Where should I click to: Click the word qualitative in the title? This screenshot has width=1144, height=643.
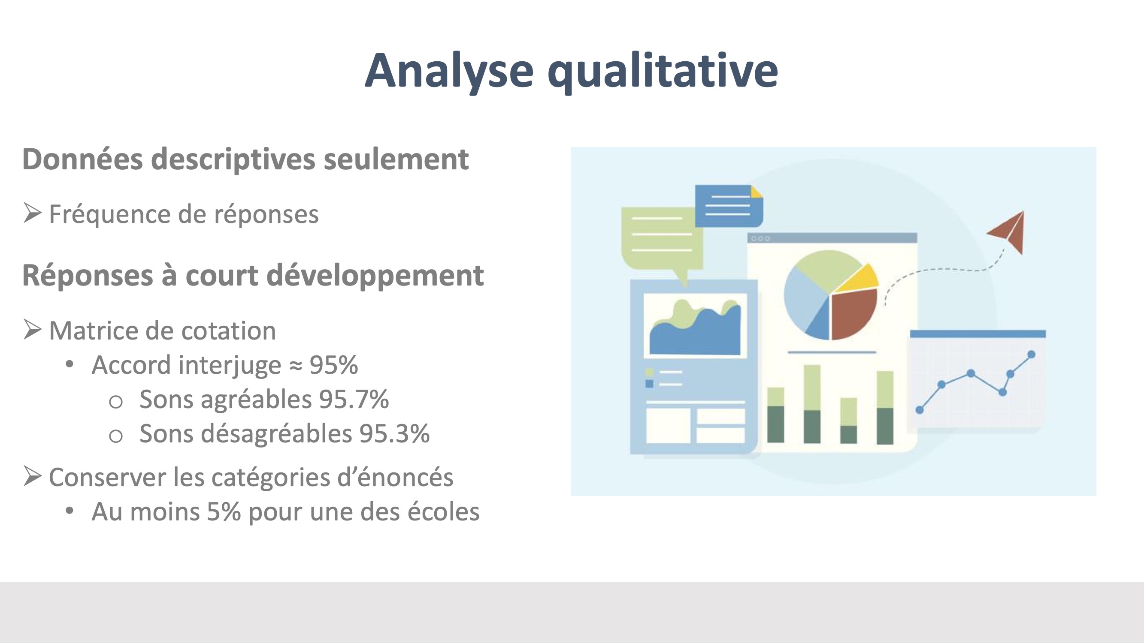[x=663, y=72]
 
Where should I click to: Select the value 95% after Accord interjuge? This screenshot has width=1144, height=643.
[x=333, y=365]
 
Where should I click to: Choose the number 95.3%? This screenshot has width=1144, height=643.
[x=394, y=433]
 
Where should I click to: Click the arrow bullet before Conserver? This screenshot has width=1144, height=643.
[x=33, y=476]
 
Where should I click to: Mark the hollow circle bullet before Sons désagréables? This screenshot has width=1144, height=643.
[x=116, y=436]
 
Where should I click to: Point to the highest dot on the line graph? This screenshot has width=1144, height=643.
[x=1032, y=354]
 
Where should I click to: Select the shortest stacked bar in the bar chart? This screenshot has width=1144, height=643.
[x=849, y=421]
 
